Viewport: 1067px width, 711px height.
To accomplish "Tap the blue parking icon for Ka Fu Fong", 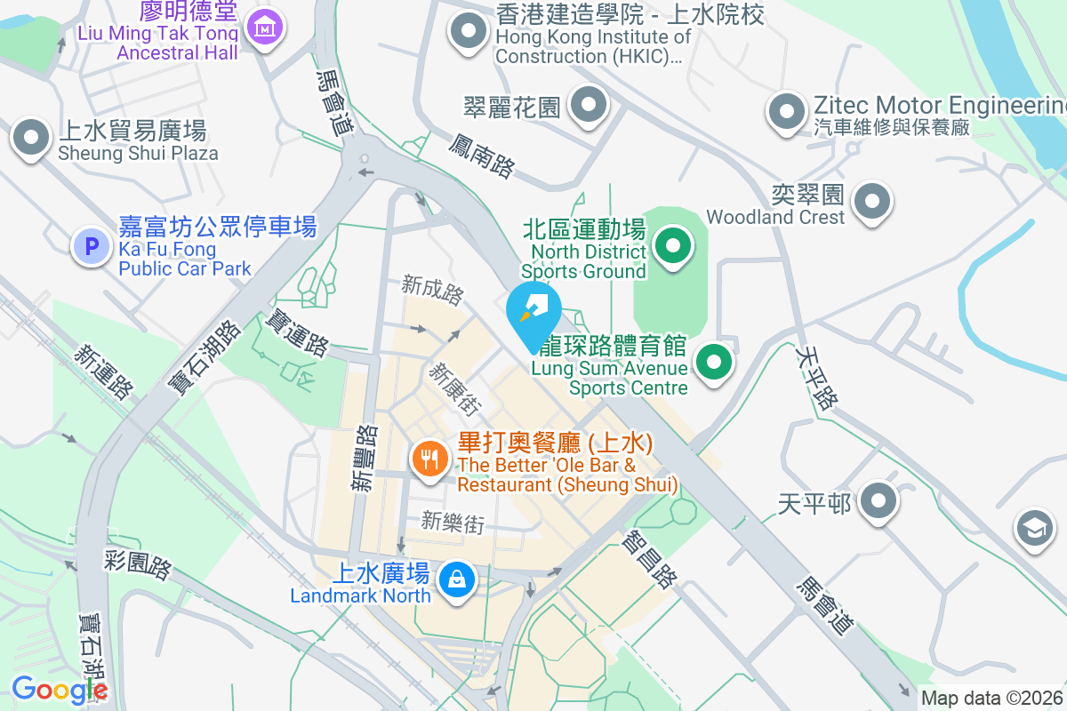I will (x=92, y=245).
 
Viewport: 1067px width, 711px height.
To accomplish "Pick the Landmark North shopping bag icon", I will (x=457, y=580).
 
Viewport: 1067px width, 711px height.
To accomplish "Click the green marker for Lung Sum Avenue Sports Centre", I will (x=713, y=362).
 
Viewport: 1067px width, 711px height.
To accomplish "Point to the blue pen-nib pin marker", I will (x=533, y=308).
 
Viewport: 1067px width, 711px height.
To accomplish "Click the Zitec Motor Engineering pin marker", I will (x=787, y=112).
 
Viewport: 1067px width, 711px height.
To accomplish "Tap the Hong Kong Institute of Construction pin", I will (x=468, y=33).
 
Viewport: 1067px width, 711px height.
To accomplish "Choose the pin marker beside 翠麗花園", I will (x=588, y=106).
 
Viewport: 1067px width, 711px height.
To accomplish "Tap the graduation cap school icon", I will (x=1035, y=528).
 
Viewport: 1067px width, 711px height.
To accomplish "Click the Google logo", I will (x=60, y=690).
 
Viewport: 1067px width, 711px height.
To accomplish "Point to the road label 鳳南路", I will (x=482, y=156).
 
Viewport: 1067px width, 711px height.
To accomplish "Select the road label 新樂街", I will (x=453, y=523).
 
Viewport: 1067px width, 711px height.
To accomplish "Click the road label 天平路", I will (x=816, y=379).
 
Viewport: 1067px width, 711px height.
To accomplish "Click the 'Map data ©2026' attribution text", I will (x=991, y=699).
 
